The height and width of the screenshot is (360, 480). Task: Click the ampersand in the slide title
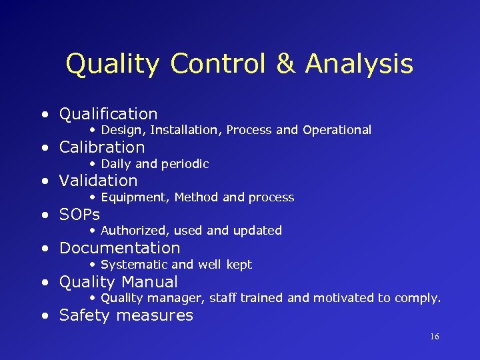click(287, 64)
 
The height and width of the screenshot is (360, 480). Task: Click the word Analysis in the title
click(359, 65)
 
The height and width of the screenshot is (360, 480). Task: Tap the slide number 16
click(434, 337)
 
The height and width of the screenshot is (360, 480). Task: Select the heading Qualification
click(109, 114)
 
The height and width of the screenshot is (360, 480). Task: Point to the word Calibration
click(102, 147)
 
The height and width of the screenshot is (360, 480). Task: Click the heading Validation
click(99, 181)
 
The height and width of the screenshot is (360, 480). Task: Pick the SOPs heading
click(79, 215)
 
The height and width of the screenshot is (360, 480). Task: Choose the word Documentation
click(120, 248)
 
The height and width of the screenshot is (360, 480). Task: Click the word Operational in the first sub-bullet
click(337, 130)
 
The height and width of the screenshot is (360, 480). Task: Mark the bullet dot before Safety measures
click(45, 316)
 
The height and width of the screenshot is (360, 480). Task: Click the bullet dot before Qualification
click(45, 115)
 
